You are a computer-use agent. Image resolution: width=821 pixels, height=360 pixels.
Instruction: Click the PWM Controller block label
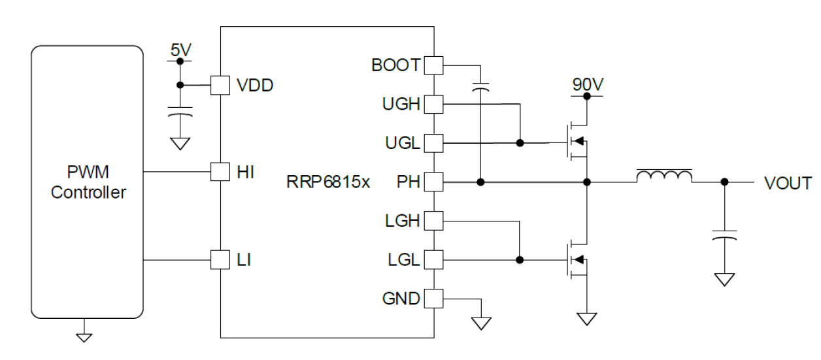pyautogui.click(x=89, y=183)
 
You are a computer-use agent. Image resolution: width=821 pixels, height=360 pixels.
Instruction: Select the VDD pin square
pyautogui.click(x=220, y=85)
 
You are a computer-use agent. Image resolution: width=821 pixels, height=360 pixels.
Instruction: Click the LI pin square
pyautogui.click(x=220, y=260)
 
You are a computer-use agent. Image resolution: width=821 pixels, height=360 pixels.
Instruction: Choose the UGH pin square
pyautogui.click(x=433, y=103)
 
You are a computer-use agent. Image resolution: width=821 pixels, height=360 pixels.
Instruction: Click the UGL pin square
pyautogui.click(x=433, y=142)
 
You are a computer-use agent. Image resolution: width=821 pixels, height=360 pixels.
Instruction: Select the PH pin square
pyautogui.click(x=433, y=182)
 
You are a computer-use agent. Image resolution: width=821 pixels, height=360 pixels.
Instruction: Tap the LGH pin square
pyautogui.click(x=433, y=221)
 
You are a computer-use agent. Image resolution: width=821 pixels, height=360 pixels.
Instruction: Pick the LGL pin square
pyautogui.click(x=433, y=260)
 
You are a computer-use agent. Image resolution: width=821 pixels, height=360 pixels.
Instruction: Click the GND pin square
pyautogui.click(x=433, y=299)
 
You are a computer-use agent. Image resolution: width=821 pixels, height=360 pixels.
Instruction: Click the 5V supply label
pyautogui.click(x=179, y=50)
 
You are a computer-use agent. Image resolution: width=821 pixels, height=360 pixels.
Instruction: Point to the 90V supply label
pyautogui.click(x=586, y=84)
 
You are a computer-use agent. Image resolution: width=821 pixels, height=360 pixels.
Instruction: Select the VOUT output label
pyautogui.click(x=788, y=182)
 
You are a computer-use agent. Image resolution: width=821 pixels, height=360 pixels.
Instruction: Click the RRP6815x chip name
pyautogui.click(x=328, y=182)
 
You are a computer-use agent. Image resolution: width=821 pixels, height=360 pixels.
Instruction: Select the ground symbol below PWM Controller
pyautogui.click(x=84, y=336)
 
